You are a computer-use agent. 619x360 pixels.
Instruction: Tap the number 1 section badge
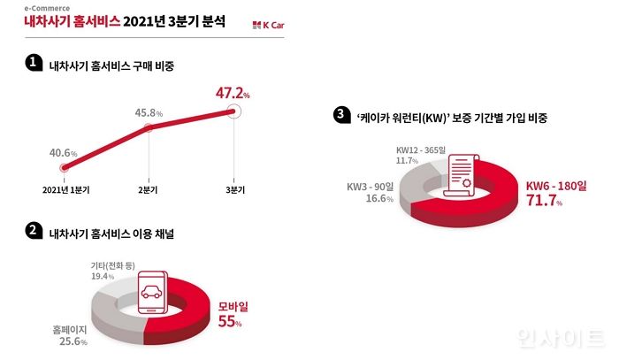(33, 63)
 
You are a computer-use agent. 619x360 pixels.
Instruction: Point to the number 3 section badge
(339, 116)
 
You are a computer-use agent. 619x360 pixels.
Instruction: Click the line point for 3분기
(233, 111)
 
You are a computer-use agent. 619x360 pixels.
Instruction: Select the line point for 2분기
(149, 129)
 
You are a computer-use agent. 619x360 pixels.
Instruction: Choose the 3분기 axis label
(234, 190)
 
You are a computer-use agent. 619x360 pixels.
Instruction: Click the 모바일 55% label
(233, 313)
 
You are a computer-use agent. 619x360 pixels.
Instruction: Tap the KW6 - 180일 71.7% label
(553, 193)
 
